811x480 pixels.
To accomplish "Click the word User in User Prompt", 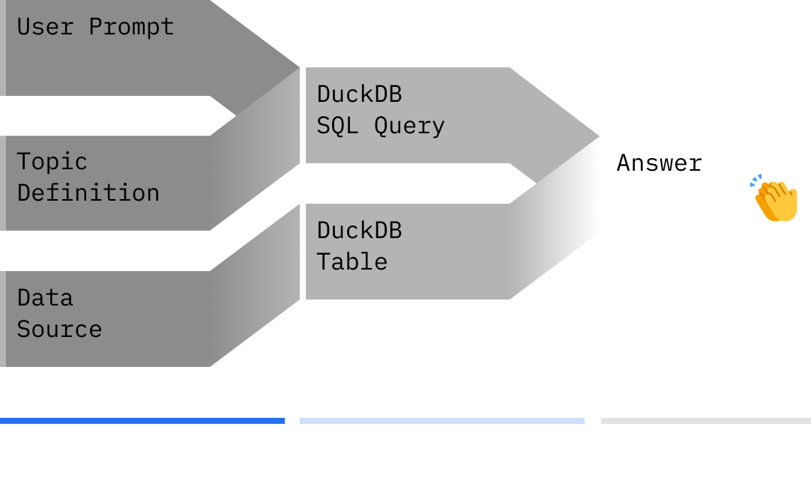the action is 45,27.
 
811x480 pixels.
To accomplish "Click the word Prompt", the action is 131,28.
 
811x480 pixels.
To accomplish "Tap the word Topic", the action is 52,162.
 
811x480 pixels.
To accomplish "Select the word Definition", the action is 88,192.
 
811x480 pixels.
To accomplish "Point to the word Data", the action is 45,298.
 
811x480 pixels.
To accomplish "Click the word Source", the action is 59,329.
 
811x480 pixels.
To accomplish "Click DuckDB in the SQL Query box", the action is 360,94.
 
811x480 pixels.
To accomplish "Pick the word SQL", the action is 338,126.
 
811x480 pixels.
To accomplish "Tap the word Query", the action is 409,127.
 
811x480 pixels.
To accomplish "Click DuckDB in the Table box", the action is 360,231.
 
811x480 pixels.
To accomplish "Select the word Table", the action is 352,262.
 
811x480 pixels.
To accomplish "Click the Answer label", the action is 660,163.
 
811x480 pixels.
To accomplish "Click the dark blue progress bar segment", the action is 142,421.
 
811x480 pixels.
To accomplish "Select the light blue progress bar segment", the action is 442,421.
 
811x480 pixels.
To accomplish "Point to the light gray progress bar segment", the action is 706,421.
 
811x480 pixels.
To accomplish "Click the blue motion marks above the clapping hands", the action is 756,180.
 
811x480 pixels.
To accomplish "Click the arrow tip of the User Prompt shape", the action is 300,67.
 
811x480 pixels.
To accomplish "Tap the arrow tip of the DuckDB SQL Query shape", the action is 599,136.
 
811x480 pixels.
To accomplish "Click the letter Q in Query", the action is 381,127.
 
